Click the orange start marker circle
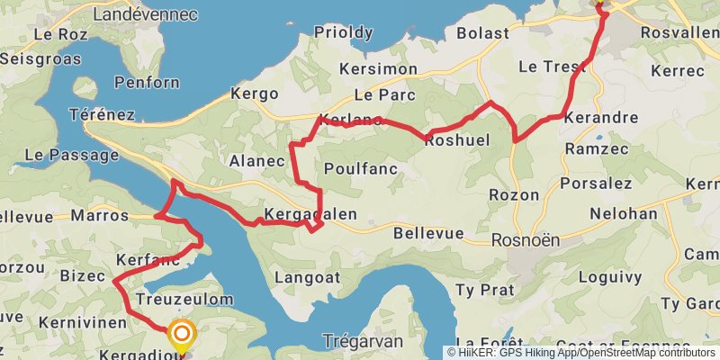[182, 336]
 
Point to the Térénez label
[102, 115]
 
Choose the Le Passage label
[59, 155]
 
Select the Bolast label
[483, 33]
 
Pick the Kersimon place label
[379, 69]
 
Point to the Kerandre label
[600, 118]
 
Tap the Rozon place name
[513, 195]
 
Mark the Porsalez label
[596, 184]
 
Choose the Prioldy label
[343, 32]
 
